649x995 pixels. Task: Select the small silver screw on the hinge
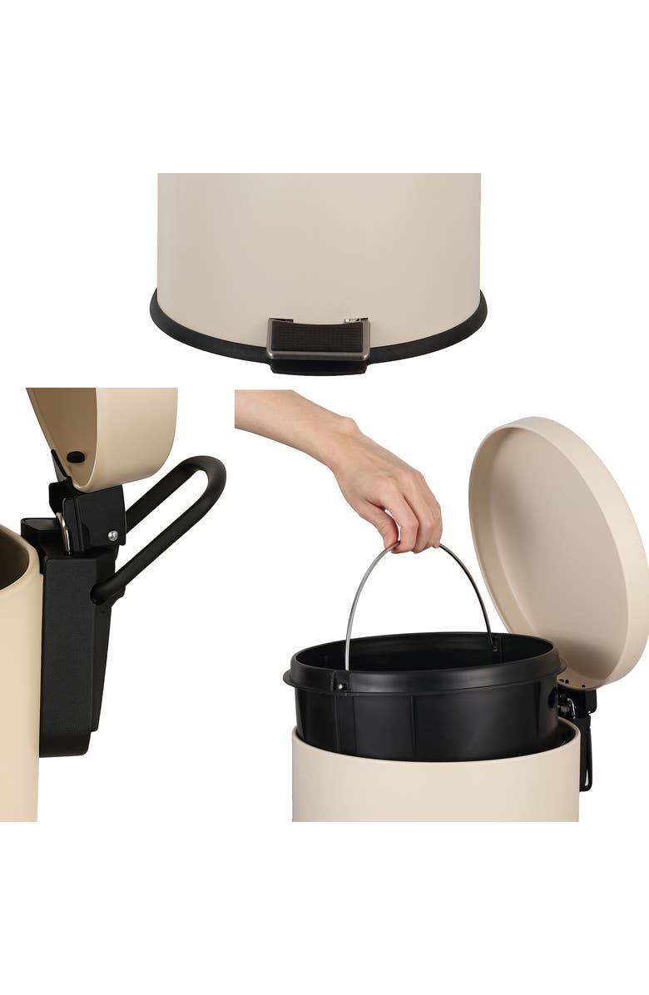coord(111,536)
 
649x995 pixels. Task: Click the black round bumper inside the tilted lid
coord(76,457)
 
